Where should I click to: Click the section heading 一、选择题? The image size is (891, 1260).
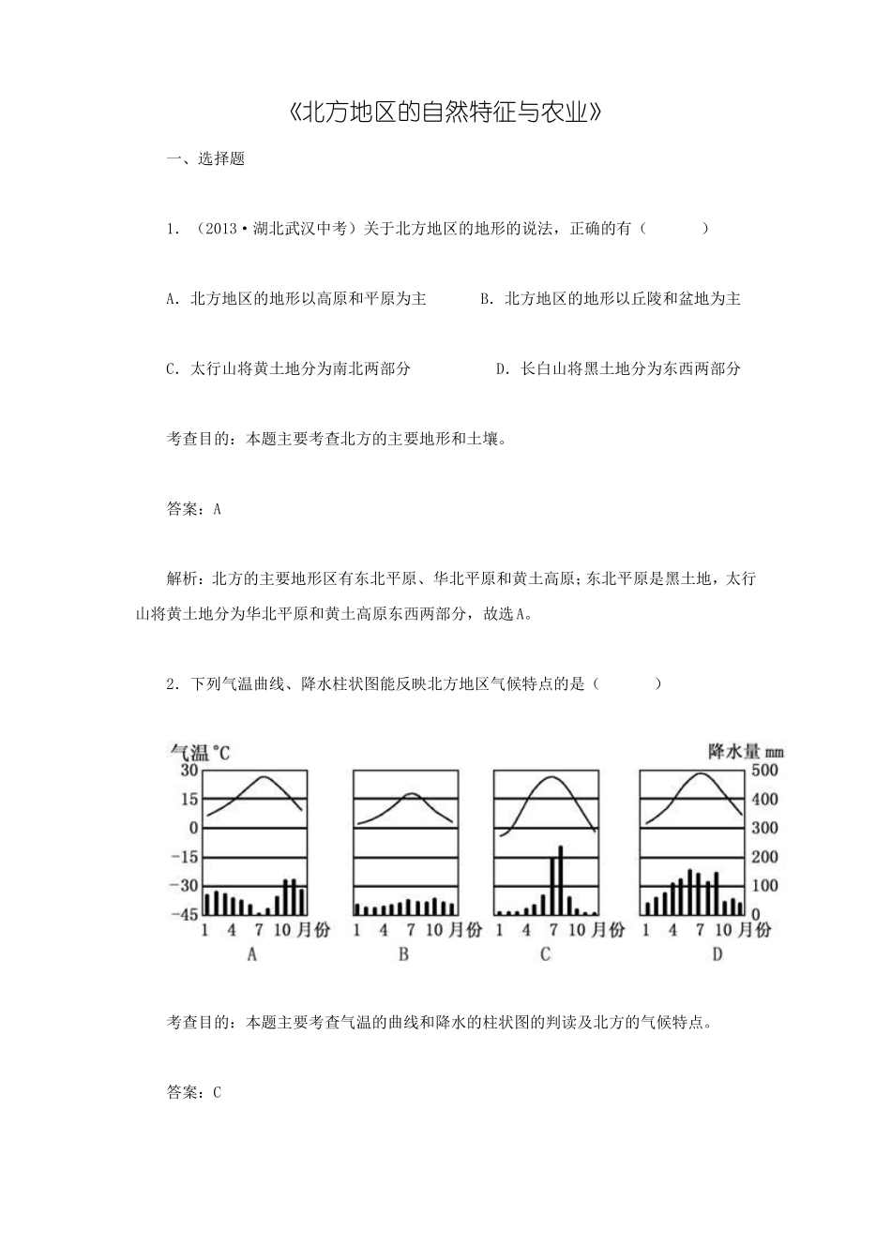[x=205, y=159]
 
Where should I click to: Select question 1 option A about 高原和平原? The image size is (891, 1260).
[x=295, y=299]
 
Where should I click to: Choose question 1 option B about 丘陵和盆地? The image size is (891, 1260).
[x=611, y=299]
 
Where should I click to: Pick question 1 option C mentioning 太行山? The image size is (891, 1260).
[x=288, y=368]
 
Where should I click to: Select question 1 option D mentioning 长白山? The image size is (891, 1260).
[x=618, y=368]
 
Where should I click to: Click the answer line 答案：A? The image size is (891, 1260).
[x=193, y=509]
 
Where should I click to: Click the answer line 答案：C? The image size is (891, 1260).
[x=193, y=1092]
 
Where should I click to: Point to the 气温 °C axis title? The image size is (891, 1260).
[x=199, y=752]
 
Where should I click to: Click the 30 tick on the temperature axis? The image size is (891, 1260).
[x=189, y=771]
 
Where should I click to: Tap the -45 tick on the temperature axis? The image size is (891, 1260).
[x=187, y=914]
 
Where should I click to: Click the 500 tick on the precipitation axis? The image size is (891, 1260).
[x=766, y=771]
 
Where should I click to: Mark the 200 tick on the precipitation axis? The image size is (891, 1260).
[x=766, y=857]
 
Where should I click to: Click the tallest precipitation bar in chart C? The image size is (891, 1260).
[x=560, y=879]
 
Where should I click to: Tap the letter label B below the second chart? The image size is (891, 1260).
[x=403, y=954]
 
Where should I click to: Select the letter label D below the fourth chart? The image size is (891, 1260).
[x=717, y=954]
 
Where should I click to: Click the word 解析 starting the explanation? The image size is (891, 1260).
[x=182, y=578]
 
